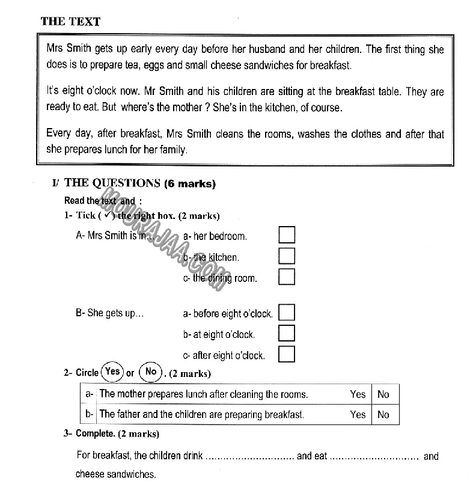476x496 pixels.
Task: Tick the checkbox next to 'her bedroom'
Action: tap(287, 235)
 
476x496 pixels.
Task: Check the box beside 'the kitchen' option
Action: tap(287, 256)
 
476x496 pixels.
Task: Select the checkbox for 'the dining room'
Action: tap(287, 277)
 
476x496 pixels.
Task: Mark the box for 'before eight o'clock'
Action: tap(287, 313)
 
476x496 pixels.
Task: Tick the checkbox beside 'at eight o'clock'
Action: tap(287, 333)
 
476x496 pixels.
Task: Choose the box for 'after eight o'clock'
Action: tap(287, 354)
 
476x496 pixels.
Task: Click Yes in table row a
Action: tap(358, 394)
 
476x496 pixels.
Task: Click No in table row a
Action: tap(383, 394)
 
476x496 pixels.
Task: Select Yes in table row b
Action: tap(358, 414)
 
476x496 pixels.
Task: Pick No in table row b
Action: tap(383, 414)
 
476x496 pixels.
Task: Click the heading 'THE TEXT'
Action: tap(70, 22)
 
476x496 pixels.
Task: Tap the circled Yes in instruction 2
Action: tap(112, 372)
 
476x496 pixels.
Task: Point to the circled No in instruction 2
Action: tap(151, 372)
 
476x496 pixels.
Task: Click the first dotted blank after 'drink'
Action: tap(249, 457)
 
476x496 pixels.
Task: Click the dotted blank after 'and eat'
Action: tap(374, 457)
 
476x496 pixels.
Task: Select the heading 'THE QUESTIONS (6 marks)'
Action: tap(139, 183)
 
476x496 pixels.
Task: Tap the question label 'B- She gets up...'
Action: tap(109, 313)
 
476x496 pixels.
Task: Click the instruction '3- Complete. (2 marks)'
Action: tap(111, 433)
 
